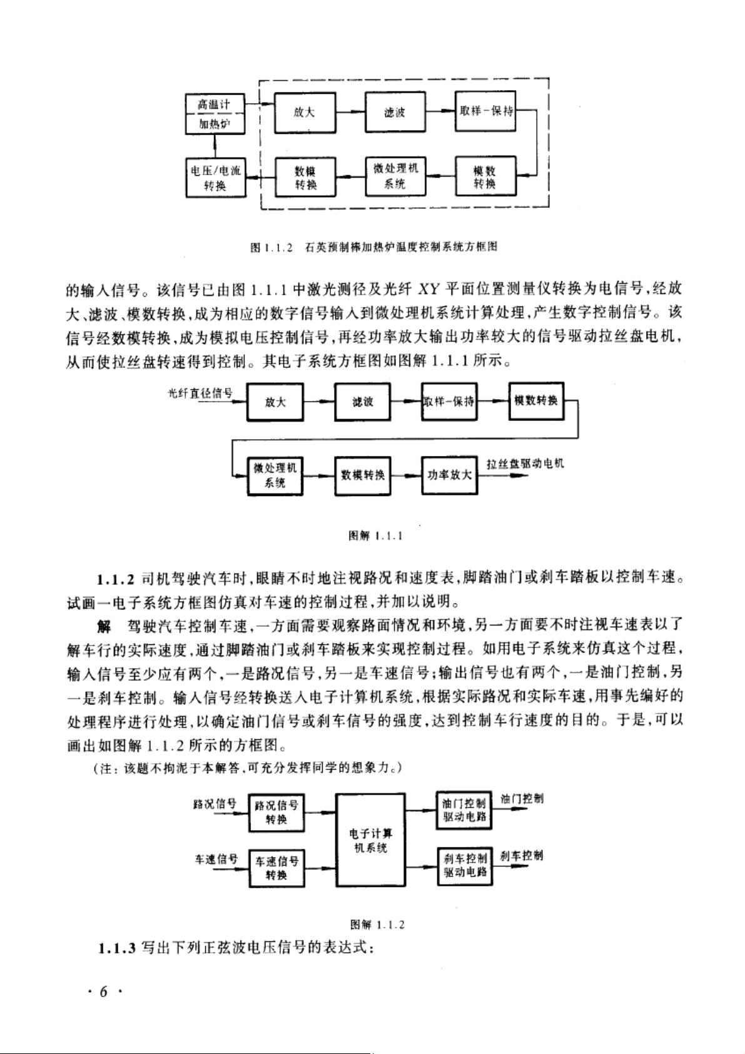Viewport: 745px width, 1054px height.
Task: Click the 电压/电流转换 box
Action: [216, 178]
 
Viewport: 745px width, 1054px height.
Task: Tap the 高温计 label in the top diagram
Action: [214, 104]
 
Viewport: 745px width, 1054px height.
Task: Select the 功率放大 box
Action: [450, 475]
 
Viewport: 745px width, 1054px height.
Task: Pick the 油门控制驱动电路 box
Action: [465, 810]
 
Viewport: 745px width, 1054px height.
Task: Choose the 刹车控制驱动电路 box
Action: [465, 866]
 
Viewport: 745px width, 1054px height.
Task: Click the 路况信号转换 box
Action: [276, 813]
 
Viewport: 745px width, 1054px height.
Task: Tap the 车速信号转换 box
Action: [276, 869]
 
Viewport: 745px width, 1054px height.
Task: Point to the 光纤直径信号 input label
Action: [201, 393]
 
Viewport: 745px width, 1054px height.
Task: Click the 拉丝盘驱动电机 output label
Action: [525, 464]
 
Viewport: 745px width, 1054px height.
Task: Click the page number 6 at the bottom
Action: [103, 992]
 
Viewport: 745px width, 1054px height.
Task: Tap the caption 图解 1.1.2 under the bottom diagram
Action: [377, 925]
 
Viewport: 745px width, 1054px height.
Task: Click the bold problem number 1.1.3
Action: [117, 948]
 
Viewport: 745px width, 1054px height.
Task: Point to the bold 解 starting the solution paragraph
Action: [104, 626]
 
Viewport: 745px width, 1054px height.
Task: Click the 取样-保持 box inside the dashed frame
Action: [485, 111]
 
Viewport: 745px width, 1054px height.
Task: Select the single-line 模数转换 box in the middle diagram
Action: [536, 401]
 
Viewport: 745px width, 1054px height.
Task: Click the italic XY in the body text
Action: [428, 288]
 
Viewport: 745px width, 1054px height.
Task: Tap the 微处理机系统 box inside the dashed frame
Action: [395, 176]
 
